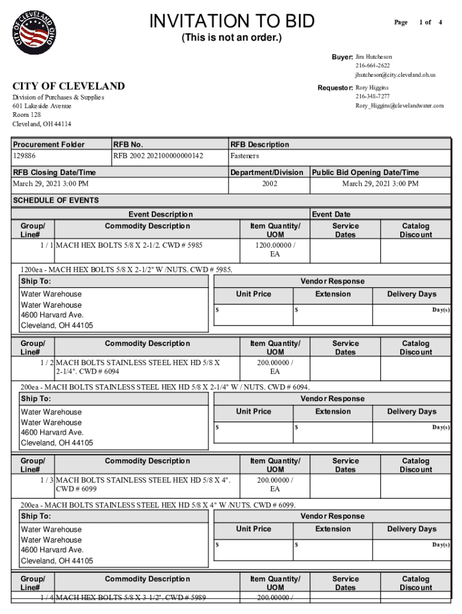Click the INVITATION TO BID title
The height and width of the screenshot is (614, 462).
click(232, 21)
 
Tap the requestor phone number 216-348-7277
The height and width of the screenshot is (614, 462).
click(372, 97)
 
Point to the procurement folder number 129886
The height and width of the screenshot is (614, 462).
click(24, 156)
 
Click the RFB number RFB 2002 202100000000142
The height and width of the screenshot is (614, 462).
click(158, 156)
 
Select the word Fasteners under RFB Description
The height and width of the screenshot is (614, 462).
click(245, 156)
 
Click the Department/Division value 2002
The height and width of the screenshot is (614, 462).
click(269, 183)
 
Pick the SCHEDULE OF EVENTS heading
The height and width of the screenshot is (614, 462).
click(56, 200)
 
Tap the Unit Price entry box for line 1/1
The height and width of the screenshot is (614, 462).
click(253, 314)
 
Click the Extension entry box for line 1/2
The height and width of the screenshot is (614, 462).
click(332, 432)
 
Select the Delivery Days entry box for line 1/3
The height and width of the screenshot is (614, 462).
click(411, 549)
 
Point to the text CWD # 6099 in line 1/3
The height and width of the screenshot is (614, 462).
click(76, 489)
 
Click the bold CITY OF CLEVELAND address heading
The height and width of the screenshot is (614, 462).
click(69, 86)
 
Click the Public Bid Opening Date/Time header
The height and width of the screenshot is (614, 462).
click(365, 172)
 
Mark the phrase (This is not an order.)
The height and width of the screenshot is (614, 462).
click(232, 38)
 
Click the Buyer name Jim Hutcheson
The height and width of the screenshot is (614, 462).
click(374, 57)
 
